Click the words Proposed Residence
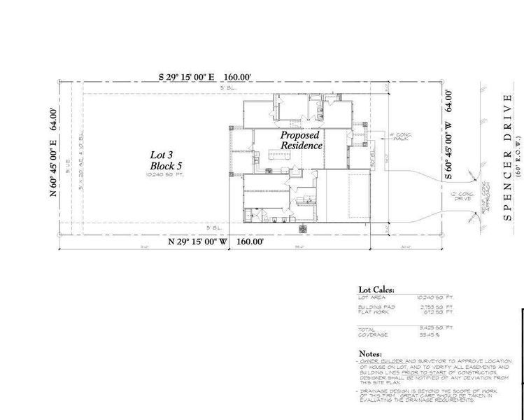pos(301,140)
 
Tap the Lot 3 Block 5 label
pos(166,160)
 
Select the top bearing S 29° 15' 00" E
pos(184,77)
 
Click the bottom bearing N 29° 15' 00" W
pos(199,241)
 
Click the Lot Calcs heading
pos(376,288)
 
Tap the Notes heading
pos(371,353)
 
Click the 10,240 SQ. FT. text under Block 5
pos(165,175)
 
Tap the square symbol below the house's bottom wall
pos(302,229)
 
